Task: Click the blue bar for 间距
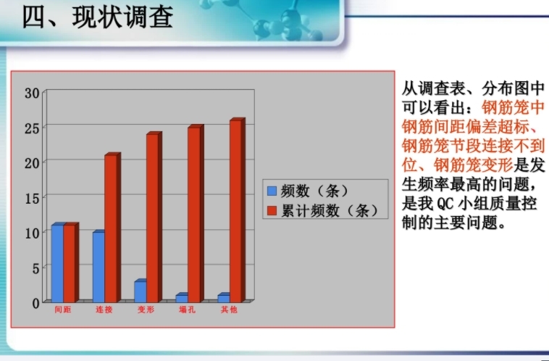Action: [x=58, y=262]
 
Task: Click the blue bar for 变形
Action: [x=141, y=291]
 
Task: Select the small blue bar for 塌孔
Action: [x=182, y=297]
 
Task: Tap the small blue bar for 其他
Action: [x=224, y=297]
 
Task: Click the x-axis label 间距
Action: [x=63, y=310]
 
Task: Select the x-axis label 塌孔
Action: [x=188, y=310]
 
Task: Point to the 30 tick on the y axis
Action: [x=32, y=94]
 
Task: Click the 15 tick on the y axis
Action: [x=32, y=199]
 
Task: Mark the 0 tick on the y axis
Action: [x=35, y=304]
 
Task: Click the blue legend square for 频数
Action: [x=272, y=191]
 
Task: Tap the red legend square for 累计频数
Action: [x=272, y=211]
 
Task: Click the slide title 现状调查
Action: [x=123, y=17]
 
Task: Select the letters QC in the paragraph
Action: [x=445, y=204]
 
